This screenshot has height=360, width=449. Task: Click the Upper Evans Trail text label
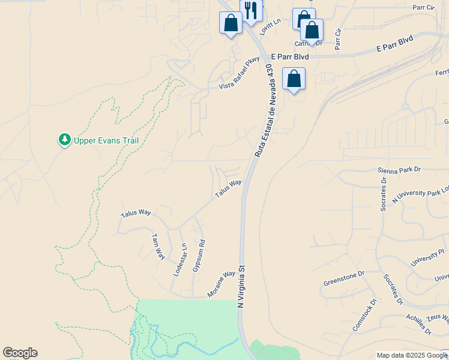click(106, 141)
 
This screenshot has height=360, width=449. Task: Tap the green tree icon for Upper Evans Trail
click(64, 140)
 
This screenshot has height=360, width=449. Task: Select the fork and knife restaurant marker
click(250, 10)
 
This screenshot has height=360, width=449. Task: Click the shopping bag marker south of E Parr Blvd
click(294, 79)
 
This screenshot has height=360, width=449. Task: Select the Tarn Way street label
click(158, 246)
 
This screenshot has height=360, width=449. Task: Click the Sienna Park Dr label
click(399, 170)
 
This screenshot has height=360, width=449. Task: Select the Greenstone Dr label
click(344, 278)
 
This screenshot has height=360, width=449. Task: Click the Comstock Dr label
click(364, 316)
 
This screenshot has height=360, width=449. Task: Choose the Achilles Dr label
click(418, 322)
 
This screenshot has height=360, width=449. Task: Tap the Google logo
click(20, 353)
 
